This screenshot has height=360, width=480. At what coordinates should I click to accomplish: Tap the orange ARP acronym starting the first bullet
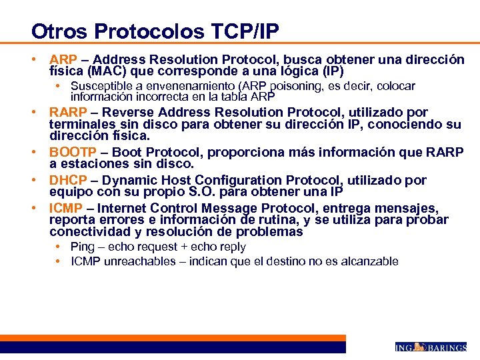coord(63,60)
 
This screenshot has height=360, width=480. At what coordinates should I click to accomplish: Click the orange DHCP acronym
coord(66,180)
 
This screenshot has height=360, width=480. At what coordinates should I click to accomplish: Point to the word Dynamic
coord(123,180)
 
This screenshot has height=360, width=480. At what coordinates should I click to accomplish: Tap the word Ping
coord(83,247)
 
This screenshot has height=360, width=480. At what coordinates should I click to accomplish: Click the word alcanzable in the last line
coord(371,261)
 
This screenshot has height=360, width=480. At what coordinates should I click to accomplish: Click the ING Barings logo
coord(430,347)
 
